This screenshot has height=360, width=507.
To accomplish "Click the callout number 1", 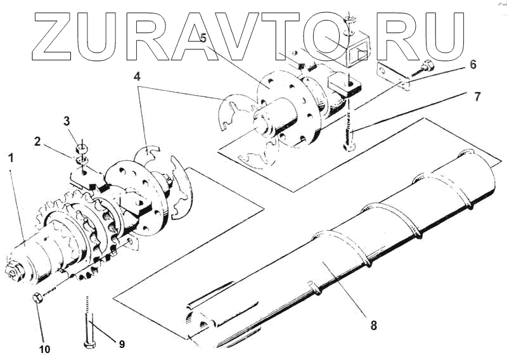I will [x=11, y=156].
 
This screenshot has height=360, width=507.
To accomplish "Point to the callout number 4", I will [x=138, y=77].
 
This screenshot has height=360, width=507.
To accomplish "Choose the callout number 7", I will [x=476, y=97].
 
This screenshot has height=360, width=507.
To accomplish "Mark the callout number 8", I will [x=373, y=325].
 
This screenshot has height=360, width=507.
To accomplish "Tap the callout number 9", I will [x=121, y=344].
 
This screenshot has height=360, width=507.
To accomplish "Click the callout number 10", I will [x=45, y=348].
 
